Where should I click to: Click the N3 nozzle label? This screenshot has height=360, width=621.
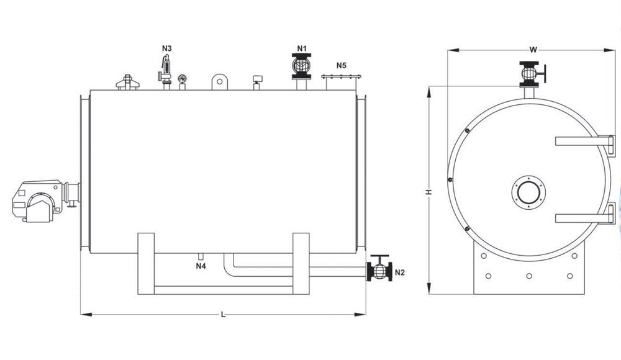[166, 48]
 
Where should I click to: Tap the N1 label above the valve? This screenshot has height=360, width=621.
[302, 48]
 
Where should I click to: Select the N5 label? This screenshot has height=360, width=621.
[342, 65]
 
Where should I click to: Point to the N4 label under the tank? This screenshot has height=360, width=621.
[201, 266]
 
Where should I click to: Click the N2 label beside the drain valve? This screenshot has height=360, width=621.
[400, 272]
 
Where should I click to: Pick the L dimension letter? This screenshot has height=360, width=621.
[224, 315]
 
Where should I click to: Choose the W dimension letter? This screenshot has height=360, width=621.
[533, 50]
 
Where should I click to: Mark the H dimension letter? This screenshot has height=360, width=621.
[428, 192]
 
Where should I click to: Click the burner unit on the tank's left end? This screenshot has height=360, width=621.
[46, 200]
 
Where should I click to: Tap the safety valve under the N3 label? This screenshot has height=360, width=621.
[165, 71]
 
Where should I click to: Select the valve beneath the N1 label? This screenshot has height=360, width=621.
[301, 66]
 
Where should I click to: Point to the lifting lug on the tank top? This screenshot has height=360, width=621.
[220, 81]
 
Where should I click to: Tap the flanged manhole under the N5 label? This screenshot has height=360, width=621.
[341, 83]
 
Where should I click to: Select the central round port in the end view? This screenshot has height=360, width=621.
[528, 192]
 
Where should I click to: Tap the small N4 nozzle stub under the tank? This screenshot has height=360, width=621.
[201, 256]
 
